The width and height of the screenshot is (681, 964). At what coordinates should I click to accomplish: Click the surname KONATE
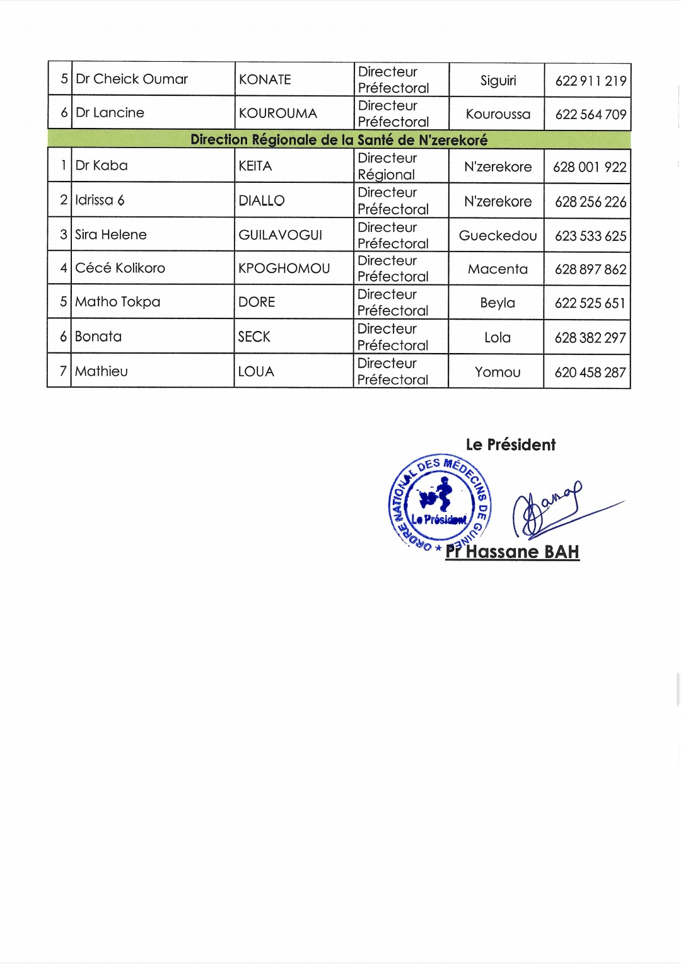(265, 79)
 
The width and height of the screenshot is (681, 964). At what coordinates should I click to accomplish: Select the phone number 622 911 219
(590, 81)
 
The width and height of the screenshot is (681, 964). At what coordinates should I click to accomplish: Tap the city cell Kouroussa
(498, 114)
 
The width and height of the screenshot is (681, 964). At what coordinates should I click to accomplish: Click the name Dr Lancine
(110, 113)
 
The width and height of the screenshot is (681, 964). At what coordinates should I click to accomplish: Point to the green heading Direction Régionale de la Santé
(339, 139)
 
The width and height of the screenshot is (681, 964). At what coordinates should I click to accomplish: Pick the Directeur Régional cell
(387, 166)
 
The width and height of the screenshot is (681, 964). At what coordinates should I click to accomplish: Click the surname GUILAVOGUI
(280, 235)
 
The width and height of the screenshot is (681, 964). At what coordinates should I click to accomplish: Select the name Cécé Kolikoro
(120, 268)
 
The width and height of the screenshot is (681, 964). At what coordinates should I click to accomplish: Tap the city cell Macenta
(498, 269)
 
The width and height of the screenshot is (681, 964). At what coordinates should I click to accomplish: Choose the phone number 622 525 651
(590, 303)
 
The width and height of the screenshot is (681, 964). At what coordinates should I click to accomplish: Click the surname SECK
(254, 337)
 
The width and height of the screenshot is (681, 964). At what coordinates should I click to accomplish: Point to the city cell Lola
(498, 338)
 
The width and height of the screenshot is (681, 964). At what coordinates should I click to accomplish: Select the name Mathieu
(102, 371)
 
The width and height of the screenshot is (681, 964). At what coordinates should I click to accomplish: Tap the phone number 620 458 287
(590, 373)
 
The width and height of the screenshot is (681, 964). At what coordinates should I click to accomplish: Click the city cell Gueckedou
(498, 236)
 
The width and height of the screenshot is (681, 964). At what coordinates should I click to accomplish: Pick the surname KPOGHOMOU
(284, 269)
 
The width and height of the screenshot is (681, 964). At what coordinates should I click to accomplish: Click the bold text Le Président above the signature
(511, 444)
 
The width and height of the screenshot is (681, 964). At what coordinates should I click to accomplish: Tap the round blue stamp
(439, 502)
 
